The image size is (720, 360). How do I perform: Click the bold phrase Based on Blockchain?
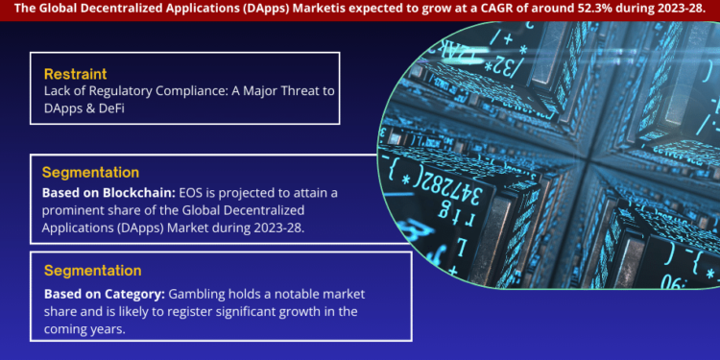108,193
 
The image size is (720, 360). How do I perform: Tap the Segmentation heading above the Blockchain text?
90,172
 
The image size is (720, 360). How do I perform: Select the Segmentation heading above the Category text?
92,271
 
